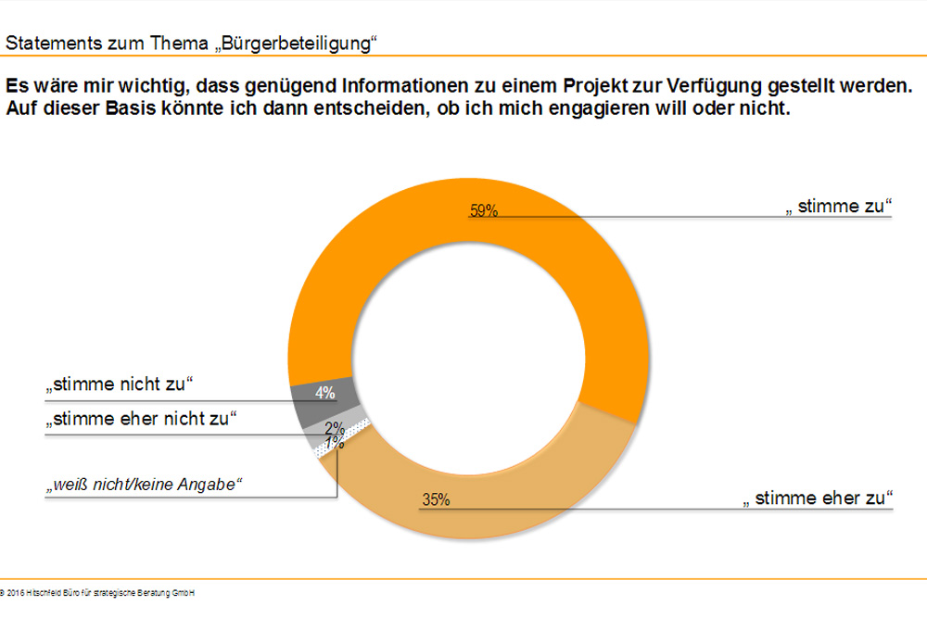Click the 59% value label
click(484, 210)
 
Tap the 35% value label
click(436, 500)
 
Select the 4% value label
click(324, 393)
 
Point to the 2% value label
click(335, 427)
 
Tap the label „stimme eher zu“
click(819, 500)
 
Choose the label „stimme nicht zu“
click(117, 384)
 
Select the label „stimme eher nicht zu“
click(138, 419)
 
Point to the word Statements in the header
click(46, 44)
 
